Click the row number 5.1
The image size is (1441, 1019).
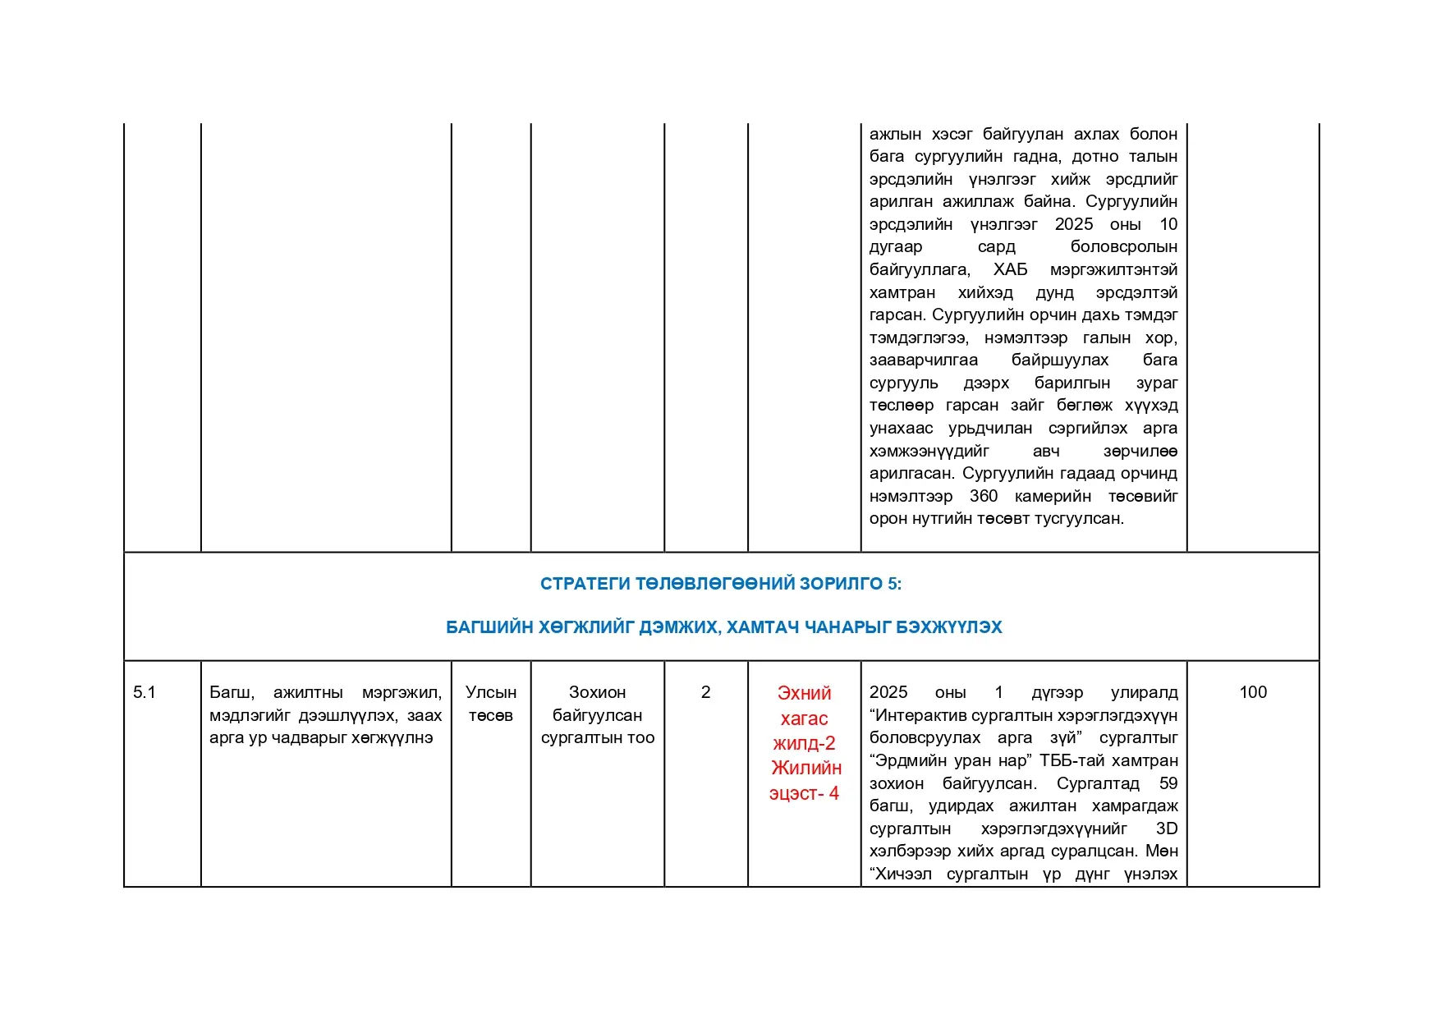point(145,692)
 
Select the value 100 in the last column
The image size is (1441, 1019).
point(1253,692)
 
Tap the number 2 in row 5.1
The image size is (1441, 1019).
point(705,692)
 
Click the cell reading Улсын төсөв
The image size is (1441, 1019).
point(491,704)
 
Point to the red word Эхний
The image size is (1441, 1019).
point(804,693)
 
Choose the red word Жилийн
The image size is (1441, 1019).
point(806,768)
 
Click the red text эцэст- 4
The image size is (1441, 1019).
point(804,793)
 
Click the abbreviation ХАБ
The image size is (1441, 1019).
point(1010,269)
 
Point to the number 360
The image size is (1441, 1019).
point(984,496)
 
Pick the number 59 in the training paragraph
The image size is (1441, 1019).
point(1168,783)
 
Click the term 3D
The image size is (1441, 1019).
point(1167,829)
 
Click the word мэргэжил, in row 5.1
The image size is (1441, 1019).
point(402,692)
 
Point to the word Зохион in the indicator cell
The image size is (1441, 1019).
point(597,692)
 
